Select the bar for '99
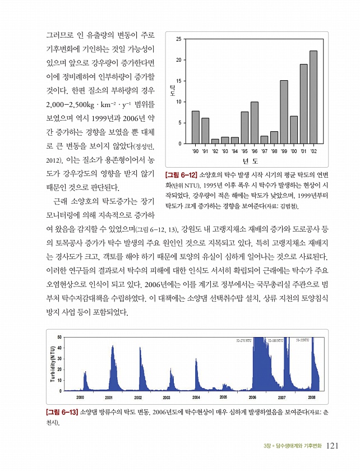point(284,112)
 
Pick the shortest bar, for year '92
point(215,141)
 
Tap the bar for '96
point(254,123)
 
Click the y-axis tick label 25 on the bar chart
point(178,39)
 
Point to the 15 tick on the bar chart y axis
point(178,81)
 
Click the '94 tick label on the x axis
point(234,151)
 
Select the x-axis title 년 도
point(250,160)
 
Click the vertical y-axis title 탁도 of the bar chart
point(172,90)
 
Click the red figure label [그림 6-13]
point(61,412)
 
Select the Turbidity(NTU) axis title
point(52,364)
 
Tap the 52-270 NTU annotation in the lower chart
point(244,340)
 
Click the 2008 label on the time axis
point(312,396)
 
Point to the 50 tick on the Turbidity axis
point(59,336)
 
